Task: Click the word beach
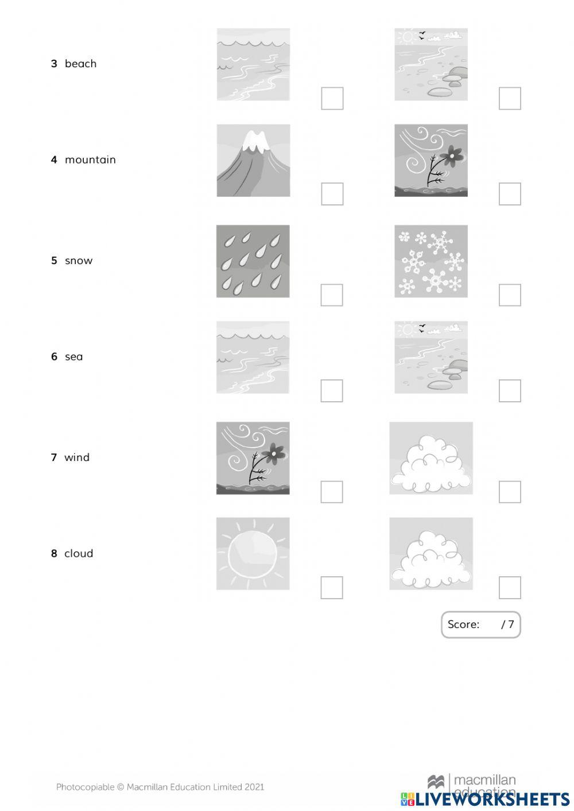pos(80,64)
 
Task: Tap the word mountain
pos(90,160)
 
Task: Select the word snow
pos(79,261)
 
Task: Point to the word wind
pos(77,457)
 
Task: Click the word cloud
pos(79,553)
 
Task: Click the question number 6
pos(54,356)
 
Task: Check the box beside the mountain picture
pos(332,194)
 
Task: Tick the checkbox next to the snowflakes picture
pos(510,295)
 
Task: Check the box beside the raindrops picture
pos(332,295)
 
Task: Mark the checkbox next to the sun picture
pos(332,588)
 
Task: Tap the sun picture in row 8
pos(253,554)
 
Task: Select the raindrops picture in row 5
pos(253,261)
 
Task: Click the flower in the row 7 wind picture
pos(276,453)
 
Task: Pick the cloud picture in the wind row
pos(430,458)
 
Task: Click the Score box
pos(480,624)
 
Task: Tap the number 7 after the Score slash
pos(511,624)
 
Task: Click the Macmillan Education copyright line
pos(160,787)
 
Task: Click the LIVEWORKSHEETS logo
pos(485,799)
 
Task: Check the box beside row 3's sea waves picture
pos(332,98)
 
